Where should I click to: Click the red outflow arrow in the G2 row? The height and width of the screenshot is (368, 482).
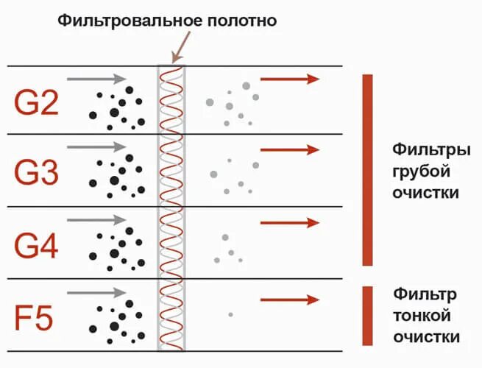(290, 79)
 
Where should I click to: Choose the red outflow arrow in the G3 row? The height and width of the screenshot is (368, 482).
(290, 150)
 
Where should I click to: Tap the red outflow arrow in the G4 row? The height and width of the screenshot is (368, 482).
(290, 222)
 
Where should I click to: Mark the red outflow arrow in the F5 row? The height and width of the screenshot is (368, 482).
(290, 299)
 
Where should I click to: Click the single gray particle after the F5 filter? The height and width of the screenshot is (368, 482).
(230, 314)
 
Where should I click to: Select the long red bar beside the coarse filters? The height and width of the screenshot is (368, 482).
(368, 169)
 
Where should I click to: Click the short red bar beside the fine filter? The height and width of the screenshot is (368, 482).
(368, 315)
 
